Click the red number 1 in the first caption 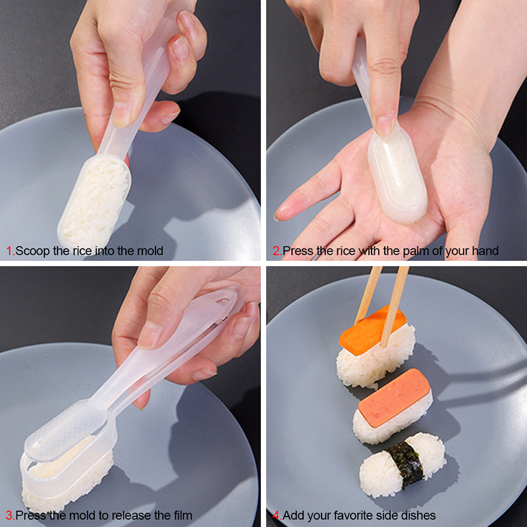[10, 251]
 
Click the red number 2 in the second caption [276, 251]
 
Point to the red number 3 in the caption [10, 514]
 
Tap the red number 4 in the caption [276, 514]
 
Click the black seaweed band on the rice [404, 463]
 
